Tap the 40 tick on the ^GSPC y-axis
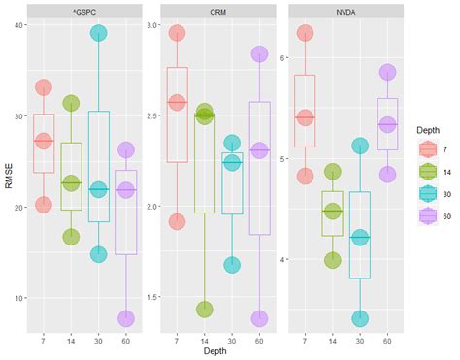click(x=19, y=25)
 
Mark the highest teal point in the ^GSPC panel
click(x=98, y=33)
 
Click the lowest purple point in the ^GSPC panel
click(x=126, y=318)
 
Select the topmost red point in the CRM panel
click(x=177, y=33)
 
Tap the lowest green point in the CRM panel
click(x=204, y=310)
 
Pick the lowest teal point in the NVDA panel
click(x=360, y=318)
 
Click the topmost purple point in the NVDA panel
click(x=387, y=72)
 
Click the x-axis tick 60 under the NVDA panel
click(x=387, y=339)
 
